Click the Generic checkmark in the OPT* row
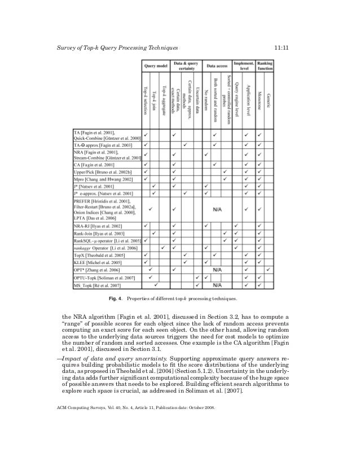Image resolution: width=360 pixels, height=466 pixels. [x=269, y=270]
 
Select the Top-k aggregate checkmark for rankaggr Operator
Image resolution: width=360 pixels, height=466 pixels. [x=163, y=247]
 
